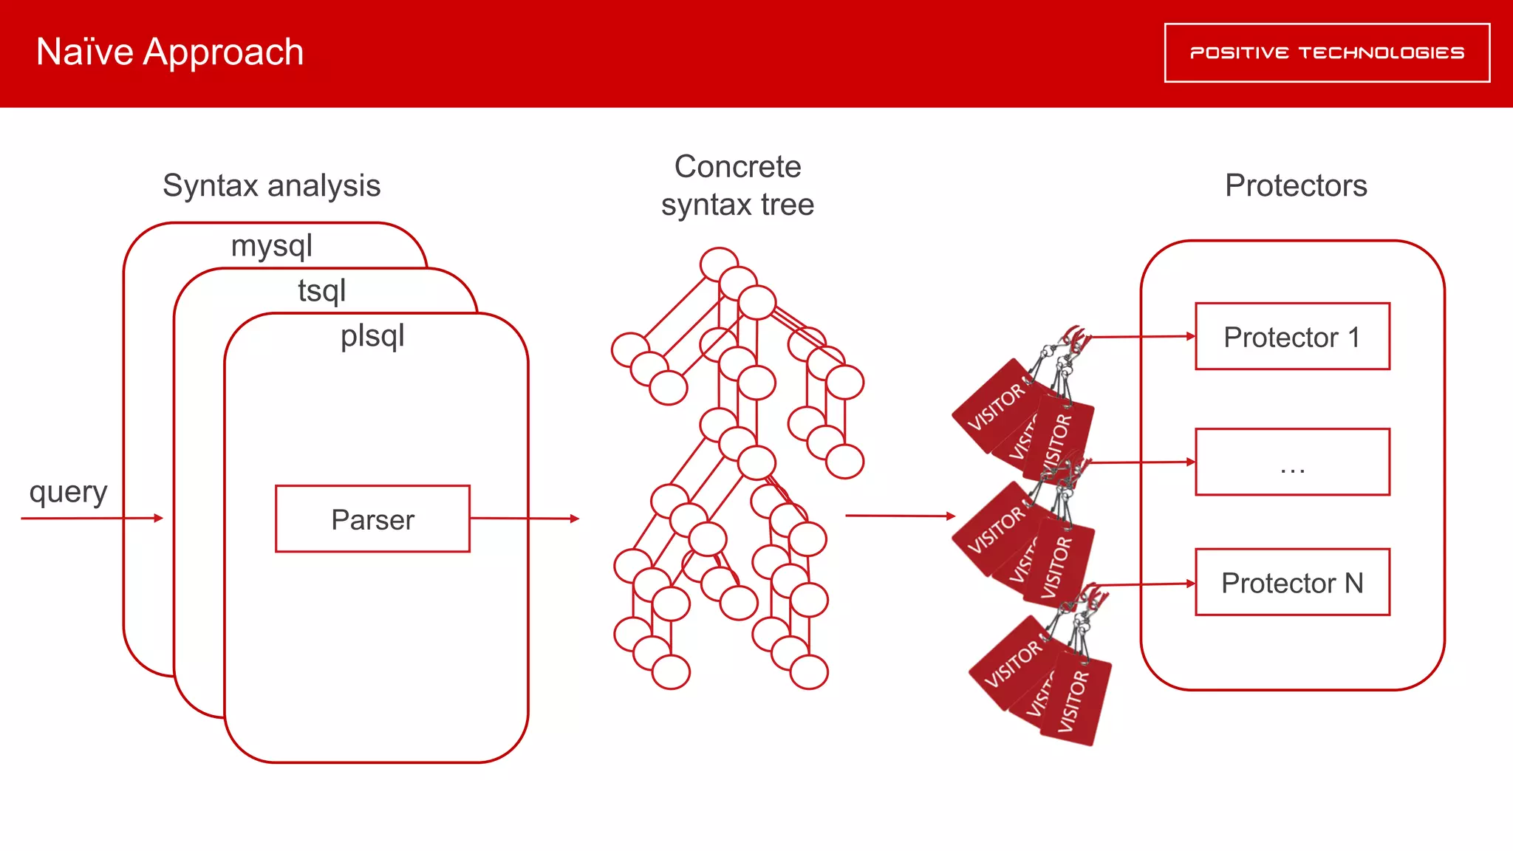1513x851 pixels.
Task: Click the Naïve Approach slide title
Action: [169, 52]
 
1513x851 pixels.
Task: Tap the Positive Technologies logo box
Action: [1327, 52]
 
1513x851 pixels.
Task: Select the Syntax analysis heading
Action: [271, 185]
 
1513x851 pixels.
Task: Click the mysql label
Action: [271, 245]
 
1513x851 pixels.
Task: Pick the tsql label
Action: [321, 290]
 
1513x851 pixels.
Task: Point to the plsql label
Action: [372, 335]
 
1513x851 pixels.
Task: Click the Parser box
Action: [372, 519]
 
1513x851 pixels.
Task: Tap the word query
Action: [68, 492]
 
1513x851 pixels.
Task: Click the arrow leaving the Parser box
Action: [524, 519]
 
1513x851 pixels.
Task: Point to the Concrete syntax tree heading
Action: [737, 185]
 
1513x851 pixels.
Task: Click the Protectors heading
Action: [1296, 185]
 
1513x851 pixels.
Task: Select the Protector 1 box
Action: [1292, 336]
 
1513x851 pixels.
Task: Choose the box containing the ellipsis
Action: [1292, 462]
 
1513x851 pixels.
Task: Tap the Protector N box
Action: [1292, 582]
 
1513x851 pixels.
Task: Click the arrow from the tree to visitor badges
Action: [900, 516]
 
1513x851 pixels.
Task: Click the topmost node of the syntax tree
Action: [719, 264]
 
